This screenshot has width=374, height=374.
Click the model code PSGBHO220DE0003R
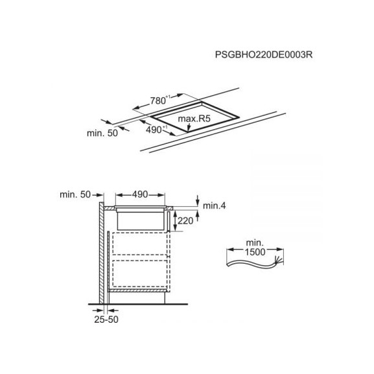[264, 54]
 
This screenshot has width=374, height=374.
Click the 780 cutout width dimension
[160, 100]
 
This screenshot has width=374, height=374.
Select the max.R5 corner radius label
[194, 119]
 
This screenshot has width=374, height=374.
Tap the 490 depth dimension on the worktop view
[156, 130]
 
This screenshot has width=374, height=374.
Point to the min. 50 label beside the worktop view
[102, 133]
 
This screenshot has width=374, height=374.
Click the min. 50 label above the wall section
[75, 194]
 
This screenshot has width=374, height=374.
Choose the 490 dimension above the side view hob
[140, 194]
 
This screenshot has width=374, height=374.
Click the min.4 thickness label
[214, 205]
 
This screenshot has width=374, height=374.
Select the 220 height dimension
[185, 221]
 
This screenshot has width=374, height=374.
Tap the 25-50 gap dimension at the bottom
[106, 320]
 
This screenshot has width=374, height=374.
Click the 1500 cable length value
[255, 252]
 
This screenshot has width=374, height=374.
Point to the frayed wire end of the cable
[279, 259]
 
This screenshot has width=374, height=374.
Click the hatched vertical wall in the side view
[102, 253]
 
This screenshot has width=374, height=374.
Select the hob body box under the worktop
[141, 221]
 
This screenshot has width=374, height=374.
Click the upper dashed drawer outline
[140, 244]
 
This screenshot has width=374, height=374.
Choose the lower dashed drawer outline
[140, 274]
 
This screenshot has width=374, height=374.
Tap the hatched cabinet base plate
[137, 290]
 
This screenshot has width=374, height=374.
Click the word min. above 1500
[255, 243]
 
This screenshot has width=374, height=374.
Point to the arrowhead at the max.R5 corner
[189, 129]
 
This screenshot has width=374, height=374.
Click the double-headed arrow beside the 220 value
[175, 221]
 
